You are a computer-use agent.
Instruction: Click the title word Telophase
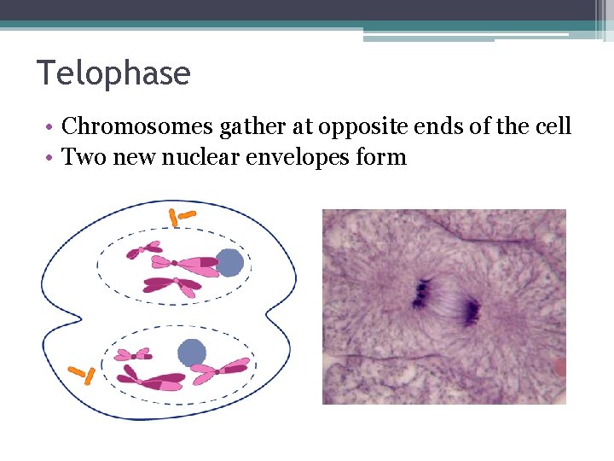113,73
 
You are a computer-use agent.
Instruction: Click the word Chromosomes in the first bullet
138,127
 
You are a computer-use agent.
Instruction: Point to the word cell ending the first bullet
553,127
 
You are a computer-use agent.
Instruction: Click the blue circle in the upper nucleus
229,262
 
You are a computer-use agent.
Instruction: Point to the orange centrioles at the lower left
81,374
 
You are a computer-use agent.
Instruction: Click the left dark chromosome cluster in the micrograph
421,293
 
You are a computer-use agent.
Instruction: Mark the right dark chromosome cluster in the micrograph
470,312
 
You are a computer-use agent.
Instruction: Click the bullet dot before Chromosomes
52,128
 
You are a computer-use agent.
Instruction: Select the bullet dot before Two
52,158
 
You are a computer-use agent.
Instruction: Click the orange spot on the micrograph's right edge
560,367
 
